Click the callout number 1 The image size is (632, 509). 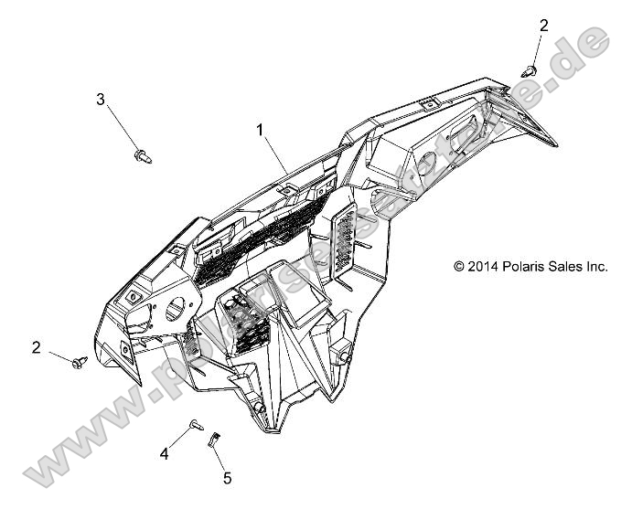[262, 131]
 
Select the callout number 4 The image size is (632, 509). [165, 453]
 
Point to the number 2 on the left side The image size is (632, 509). [37, 347]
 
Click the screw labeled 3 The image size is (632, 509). [143, 156]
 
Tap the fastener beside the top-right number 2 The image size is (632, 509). [528, 69]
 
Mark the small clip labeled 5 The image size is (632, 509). [215, 438]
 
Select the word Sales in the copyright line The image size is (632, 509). [569, 267]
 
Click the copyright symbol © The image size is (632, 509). [459, 267]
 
